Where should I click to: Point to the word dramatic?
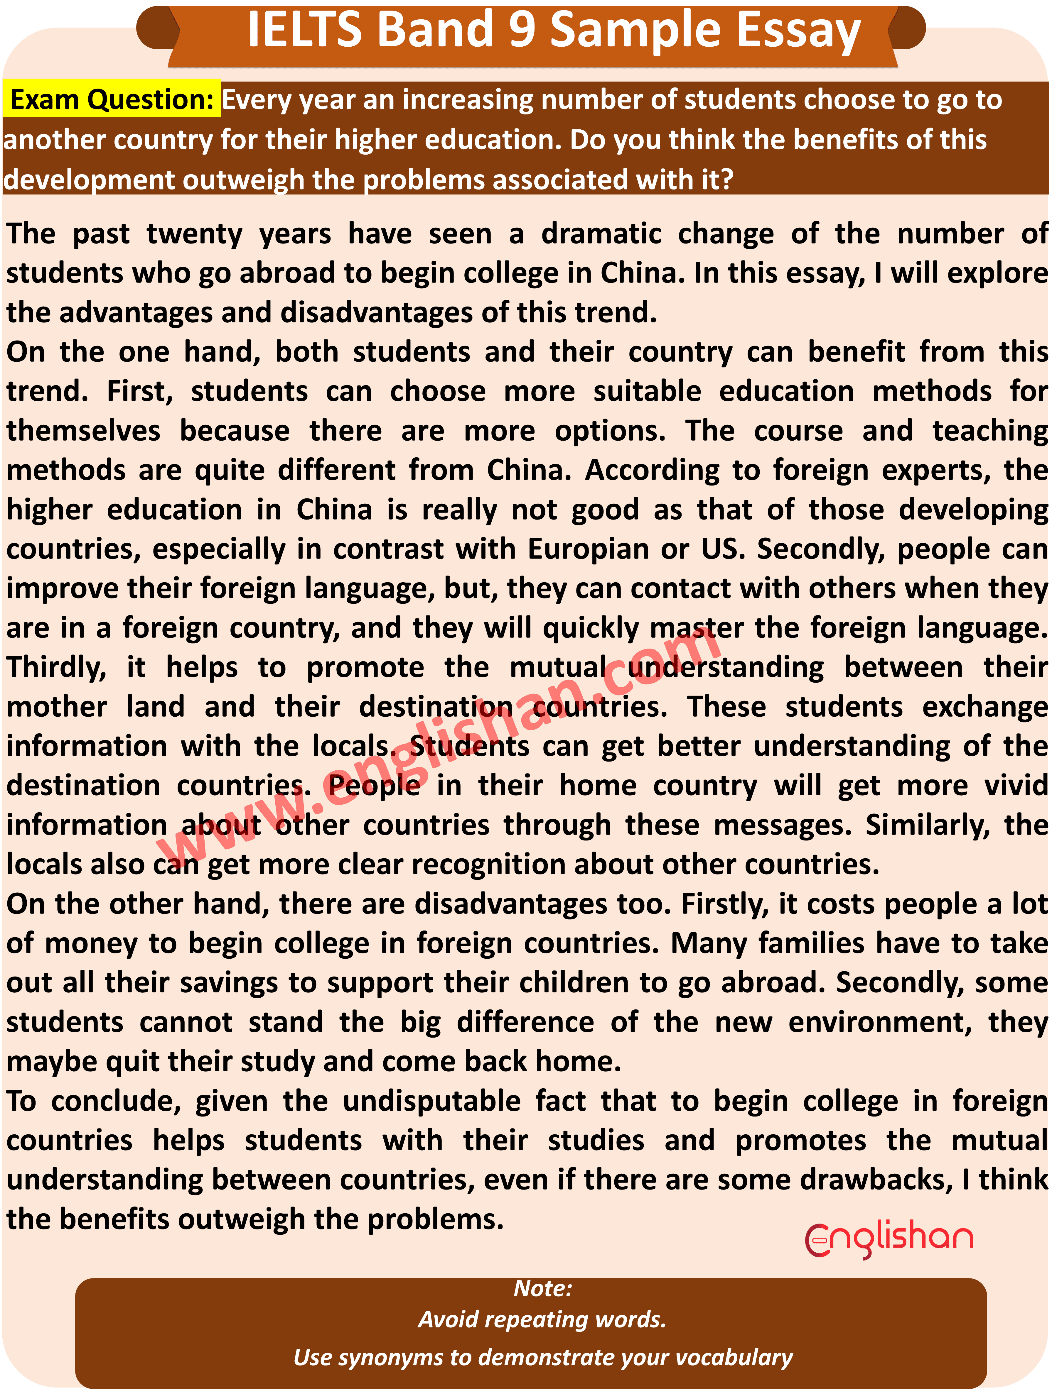pyautogui.click(x=601, y=234)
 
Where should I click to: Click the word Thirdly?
pyautogui.click(x=57, y=667)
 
